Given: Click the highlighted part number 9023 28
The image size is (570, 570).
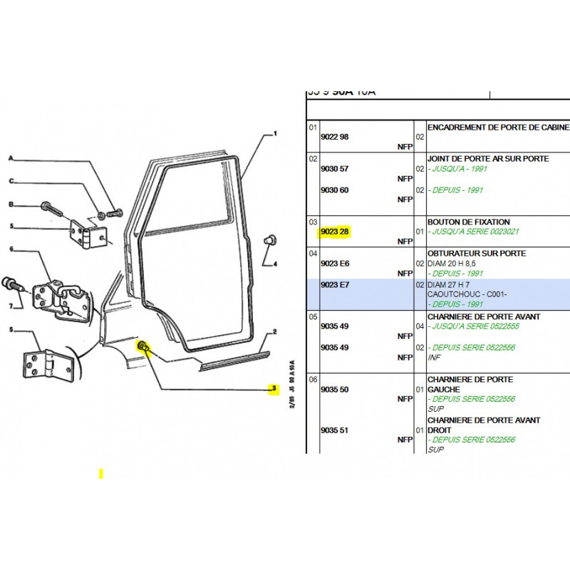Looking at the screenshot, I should (334, 232).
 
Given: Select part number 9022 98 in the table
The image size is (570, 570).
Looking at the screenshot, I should (334, 136).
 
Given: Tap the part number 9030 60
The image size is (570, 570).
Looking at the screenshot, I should (334, 190).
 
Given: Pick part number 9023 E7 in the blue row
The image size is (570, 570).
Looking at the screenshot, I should (334, 285).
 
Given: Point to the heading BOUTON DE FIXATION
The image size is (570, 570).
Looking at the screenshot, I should (468, 222).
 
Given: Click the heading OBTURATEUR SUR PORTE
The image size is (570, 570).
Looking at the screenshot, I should (476, 253).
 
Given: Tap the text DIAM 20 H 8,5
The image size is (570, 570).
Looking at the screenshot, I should (455, 263).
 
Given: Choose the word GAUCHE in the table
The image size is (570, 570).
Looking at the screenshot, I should (443, 390).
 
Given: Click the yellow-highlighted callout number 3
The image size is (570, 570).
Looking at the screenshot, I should (271, 389).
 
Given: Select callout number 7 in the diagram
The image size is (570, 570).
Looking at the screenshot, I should (11, 306).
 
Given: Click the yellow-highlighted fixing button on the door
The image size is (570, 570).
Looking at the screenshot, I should (143, 347).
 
